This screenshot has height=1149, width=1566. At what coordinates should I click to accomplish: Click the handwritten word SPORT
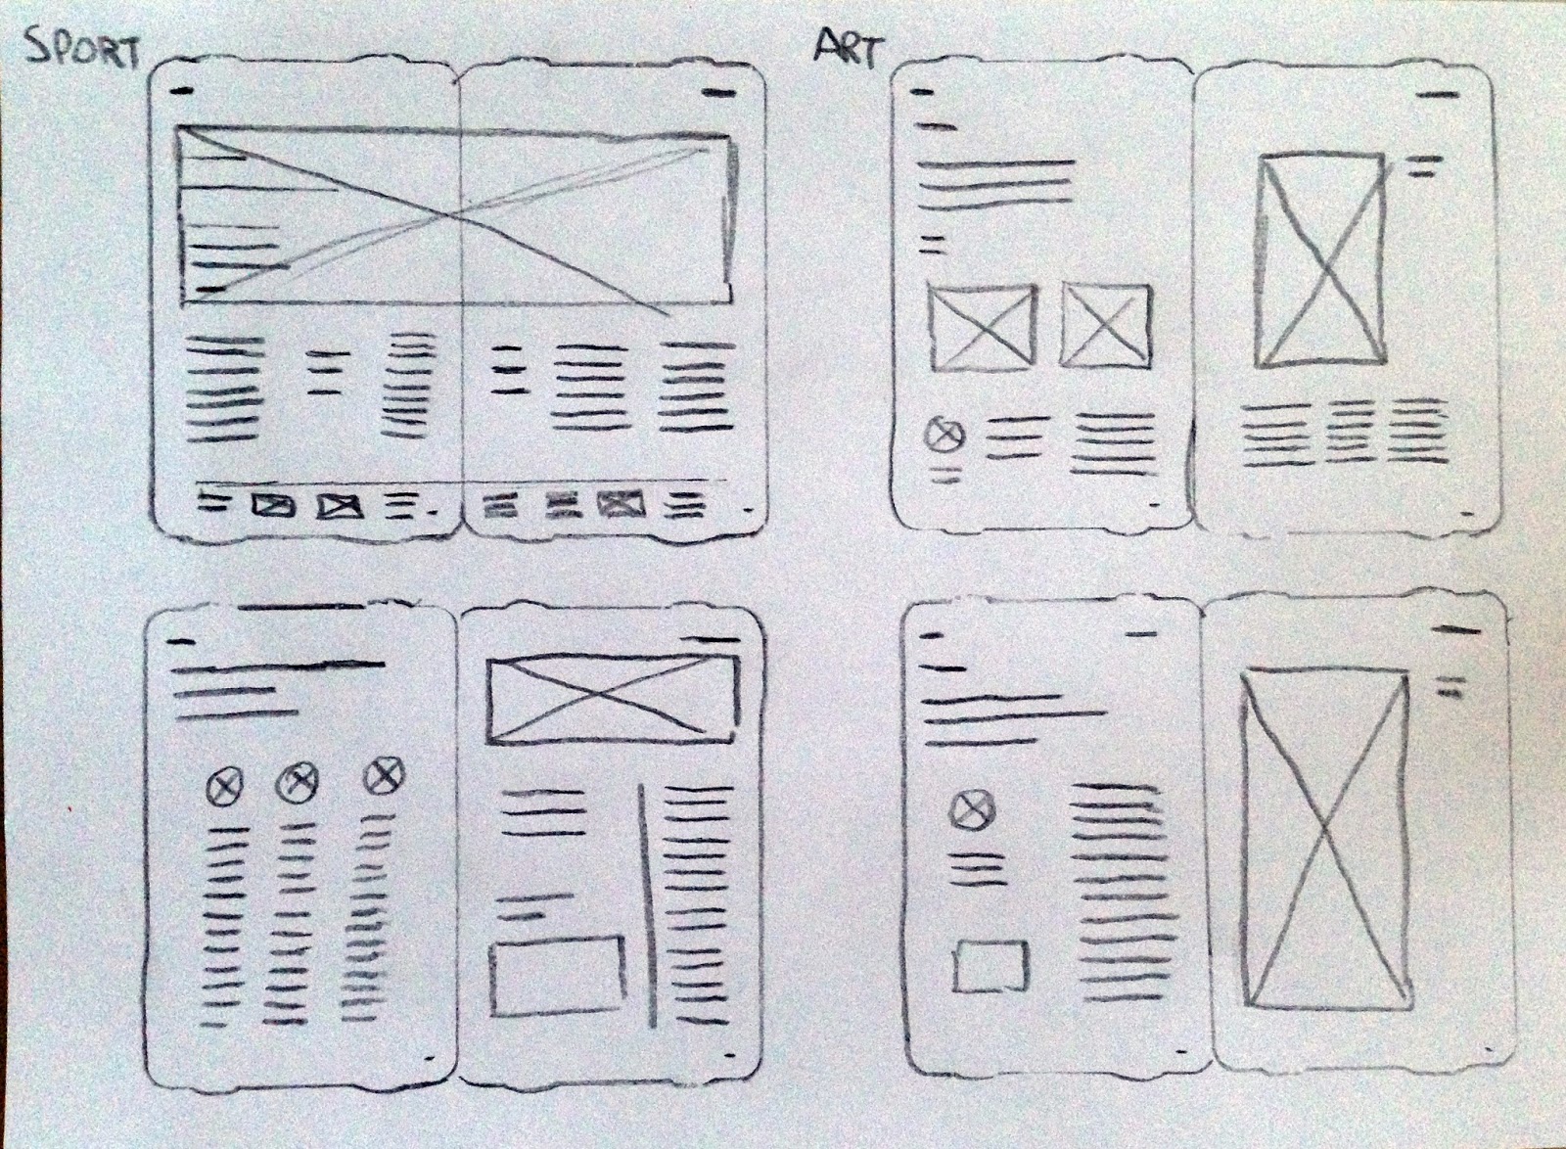84,50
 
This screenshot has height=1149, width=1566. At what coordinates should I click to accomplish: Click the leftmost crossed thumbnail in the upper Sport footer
273,505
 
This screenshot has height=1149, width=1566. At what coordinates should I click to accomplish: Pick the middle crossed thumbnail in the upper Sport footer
340,506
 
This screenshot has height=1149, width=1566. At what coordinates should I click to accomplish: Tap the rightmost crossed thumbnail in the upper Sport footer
622,504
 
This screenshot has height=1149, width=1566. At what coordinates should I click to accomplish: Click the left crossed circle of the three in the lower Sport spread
225,785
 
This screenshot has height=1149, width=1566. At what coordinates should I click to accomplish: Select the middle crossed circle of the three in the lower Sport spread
297,781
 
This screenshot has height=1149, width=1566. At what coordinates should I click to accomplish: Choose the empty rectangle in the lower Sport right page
557,975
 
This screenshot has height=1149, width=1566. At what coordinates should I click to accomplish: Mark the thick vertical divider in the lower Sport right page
646,905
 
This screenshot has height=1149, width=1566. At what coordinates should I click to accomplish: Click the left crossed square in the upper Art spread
982,328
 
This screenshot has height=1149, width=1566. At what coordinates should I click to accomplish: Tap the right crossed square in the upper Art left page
1106,325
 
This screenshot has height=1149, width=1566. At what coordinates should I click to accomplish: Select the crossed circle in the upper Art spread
944,435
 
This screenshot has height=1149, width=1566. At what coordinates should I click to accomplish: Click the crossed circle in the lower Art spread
972,809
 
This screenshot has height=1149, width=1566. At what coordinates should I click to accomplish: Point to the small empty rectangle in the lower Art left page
991,966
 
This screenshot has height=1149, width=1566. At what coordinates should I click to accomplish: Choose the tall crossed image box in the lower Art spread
1325,838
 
